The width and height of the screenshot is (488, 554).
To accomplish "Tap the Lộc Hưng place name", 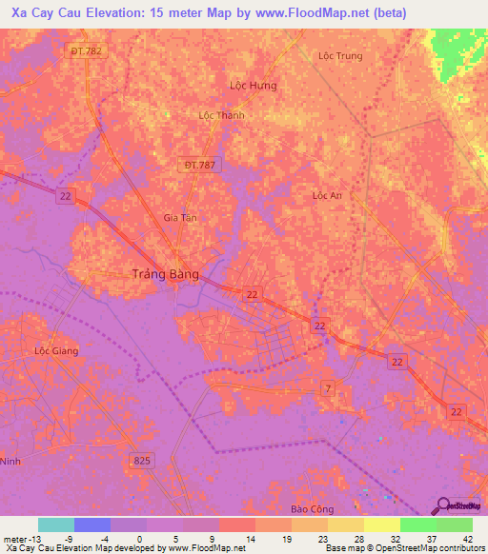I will [x=254, y=86].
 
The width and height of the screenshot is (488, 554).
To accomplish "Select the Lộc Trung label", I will [x=340, y=56].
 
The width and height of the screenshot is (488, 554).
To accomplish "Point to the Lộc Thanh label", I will [x=221, y=115].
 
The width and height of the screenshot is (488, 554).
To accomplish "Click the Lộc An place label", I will [x=327, y=195].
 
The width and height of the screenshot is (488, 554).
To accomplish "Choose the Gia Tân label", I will [x=180, y=218].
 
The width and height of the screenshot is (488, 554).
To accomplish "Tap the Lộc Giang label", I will [x=56, y=350].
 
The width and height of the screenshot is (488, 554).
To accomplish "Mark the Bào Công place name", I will [x=312, y=509].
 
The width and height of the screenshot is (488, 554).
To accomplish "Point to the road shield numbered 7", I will [x=327, y=387].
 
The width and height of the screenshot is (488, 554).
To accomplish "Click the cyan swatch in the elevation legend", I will [x=56, y=524].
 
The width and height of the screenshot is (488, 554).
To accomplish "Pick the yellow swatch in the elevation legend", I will [x=381, y=524].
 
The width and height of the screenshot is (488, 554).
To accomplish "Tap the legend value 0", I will [x=139, y=538].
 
